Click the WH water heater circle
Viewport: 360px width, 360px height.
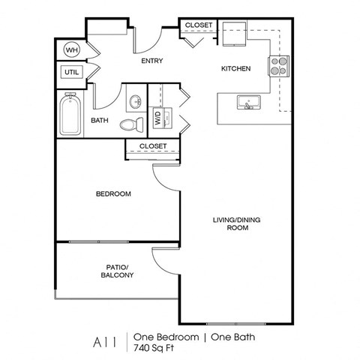71,50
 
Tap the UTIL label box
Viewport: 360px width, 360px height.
71,73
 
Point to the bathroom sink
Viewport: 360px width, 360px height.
136,102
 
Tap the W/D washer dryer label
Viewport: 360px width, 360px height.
158,118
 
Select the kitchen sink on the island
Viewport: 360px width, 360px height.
247,102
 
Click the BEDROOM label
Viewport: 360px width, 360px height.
113,193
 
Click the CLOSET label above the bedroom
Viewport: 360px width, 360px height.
152,145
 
